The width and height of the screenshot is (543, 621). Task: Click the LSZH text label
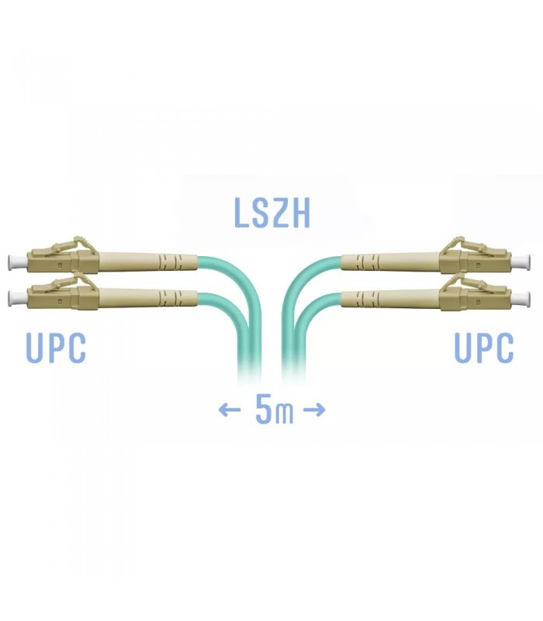coord(272,213)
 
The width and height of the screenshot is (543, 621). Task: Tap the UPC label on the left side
coord(56,348)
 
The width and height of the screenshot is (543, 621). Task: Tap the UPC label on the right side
coord(483,348)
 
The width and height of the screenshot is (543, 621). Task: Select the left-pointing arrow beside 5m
coord(230,410)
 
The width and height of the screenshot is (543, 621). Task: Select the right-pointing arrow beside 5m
coord(314,410)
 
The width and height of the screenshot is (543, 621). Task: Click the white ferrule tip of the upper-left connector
coord(17,262)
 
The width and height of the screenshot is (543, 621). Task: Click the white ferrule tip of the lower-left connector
coord(17,299)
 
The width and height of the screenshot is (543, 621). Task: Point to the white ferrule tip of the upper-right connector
coord(521,262)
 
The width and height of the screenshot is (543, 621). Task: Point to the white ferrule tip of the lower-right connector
coord(521,299)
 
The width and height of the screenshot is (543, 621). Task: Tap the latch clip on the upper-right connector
coord(463,245)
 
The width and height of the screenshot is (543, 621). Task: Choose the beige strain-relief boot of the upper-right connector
coord(390,262)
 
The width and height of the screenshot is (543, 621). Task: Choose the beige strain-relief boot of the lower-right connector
coord(390,299)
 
